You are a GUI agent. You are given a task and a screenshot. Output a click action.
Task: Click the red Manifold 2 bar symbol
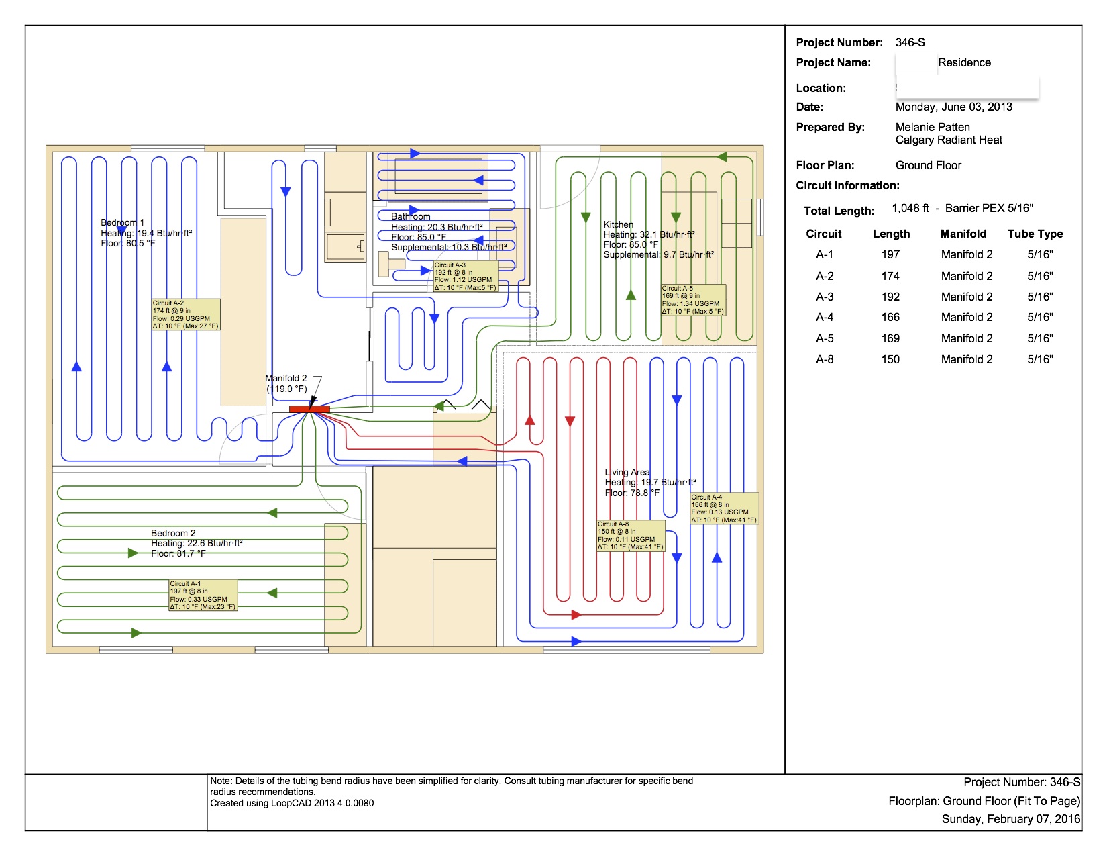pos(309,409)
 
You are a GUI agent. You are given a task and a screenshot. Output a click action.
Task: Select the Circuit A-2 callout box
pos(186,315)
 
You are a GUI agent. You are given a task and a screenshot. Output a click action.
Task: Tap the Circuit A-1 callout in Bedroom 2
pos(203,596)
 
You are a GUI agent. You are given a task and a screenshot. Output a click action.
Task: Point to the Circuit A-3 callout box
pos(466,277)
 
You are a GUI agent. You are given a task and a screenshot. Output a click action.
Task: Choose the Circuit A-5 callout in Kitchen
pos(693,300)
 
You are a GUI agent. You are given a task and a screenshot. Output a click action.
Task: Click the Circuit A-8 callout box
pos(631,536)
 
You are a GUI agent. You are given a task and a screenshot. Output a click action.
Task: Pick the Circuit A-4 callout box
pos(725,509)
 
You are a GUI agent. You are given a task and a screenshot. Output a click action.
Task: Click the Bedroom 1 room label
pos(123,222)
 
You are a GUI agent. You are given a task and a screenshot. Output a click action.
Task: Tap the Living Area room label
pos(627,472)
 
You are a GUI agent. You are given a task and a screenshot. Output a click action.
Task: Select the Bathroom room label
pos(411,216)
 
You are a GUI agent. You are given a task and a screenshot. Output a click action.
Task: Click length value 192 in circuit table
pos(890,297)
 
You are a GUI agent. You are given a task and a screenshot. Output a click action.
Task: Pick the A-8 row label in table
pos(825,359)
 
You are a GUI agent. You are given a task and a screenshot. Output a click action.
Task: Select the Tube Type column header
pos(1035,234)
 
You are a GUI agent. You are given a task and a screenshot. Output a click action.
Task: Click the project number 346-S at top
pos(910,42)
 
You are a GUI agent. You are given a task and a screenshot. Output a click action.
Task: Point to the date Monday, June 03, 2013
pos(953,107)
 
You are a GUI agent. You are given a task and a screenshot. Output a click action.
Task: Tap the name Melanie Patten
pos(933,127)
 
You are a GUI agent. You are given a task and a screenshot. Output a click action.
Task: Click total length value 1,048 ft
pos(910,208)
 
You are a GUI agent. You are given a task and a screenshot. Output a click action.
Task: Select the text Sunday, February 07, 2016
pos(1010,819)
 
